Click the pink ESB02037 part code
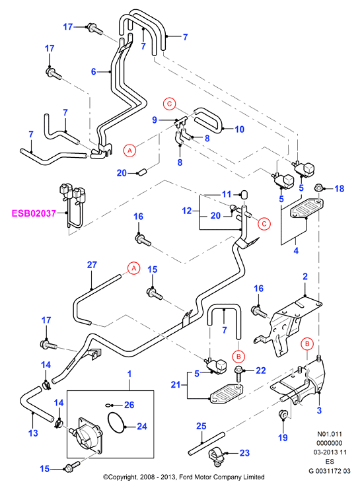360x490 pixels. pos(34,213)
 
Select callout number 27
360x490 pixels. pos(92,265)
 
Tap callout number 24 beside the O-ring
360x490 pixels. pos(142,426)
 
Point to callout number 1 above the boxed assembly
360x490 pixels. pos(129,374)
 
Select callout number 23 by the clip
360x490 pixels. pos(244,453)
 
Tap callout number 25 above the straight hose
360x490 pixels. pos(201,426)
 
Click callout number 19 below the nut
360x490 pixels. pos(283,438)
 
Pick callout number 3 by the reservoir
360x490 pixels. pos(319,410)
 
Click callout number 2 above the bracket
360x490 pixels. pos(305,276)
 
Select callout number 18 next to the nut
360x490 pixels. pos(339,188)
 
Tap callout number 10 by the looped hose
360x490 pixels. pos(239,129)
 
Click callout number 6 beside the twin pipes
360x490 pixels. pos(93,71)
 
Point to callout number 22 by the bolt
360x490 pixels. pos(261,370)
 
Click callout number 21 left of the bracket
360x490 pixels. pos(176,384)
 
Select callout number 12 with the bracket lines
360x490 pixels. pos(186,211)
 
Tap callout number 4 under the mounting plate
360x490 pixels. pos(296,250)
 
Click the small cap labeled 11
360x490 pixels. pos(244,194)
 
